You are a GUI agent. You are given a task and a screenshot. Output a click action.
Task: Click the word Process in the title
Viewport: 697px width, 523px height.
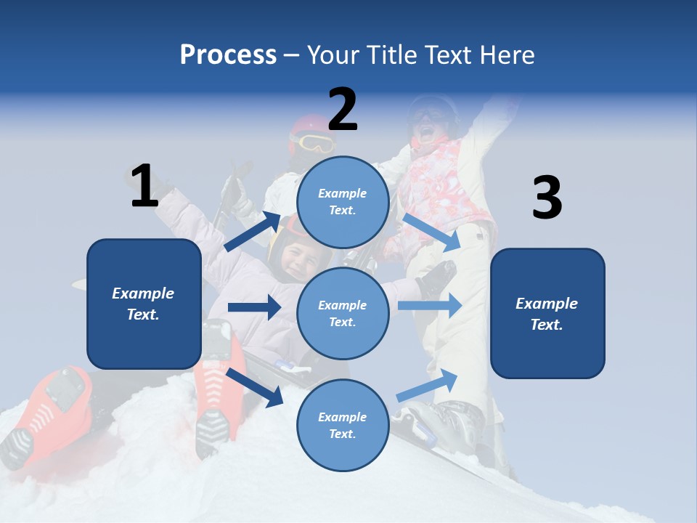pyautogui.click(x=228, y=55)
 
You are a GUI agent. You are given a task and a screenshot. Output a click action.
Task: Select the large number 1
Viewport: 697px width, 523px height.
pyautogui.click(x=144, y=186)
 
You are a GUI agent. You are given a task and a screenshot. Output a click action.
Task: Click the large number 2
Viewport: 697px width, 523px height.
pyautogui.click(x=343, y=110)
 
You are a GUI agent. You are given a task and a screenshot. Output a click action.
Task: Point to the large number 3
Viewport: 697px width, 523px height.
pyautogui.click(x=547, y=198)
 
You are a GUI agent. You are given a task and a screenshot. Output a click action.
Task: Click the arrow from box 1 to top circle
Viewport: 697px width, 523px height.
pyautogui.click(x=253, y=232)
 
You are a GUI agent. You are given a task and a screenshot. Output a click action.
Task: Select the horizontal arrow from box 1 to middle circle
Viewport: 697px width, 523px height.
pyautogui.click(x=254, y=307)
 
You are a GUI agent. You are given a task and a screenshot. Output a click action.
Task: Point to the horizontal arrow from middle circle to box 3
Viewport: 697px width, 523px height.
pyautogui.click(x=430, y=305)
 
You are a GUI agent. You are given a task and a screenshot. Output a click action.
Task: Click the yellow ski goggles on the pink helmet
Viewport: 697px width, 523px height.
pyautogui.click(x=314, y=142)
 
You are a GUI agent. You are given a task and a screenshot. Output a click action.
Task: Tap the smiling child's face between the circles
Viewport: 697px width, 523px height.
pyautogui.click(x=296, y=259)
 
